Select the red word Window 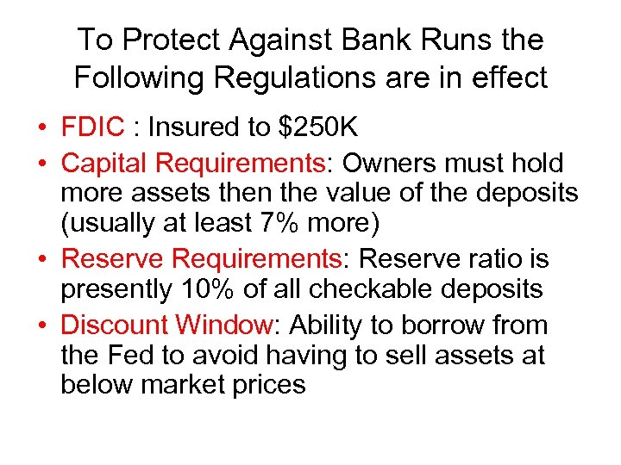click(223, 325)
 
